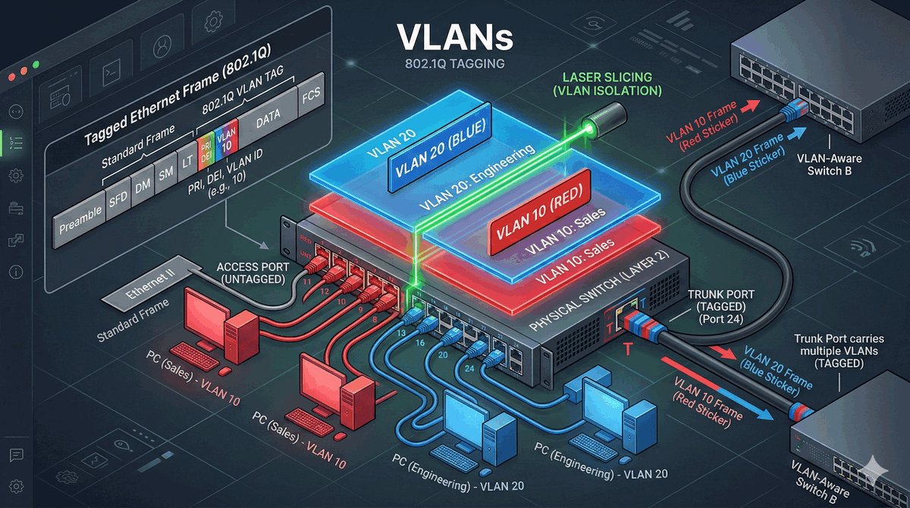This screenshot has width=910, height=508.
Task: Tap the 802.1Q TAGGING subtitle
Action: point(455,64)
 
